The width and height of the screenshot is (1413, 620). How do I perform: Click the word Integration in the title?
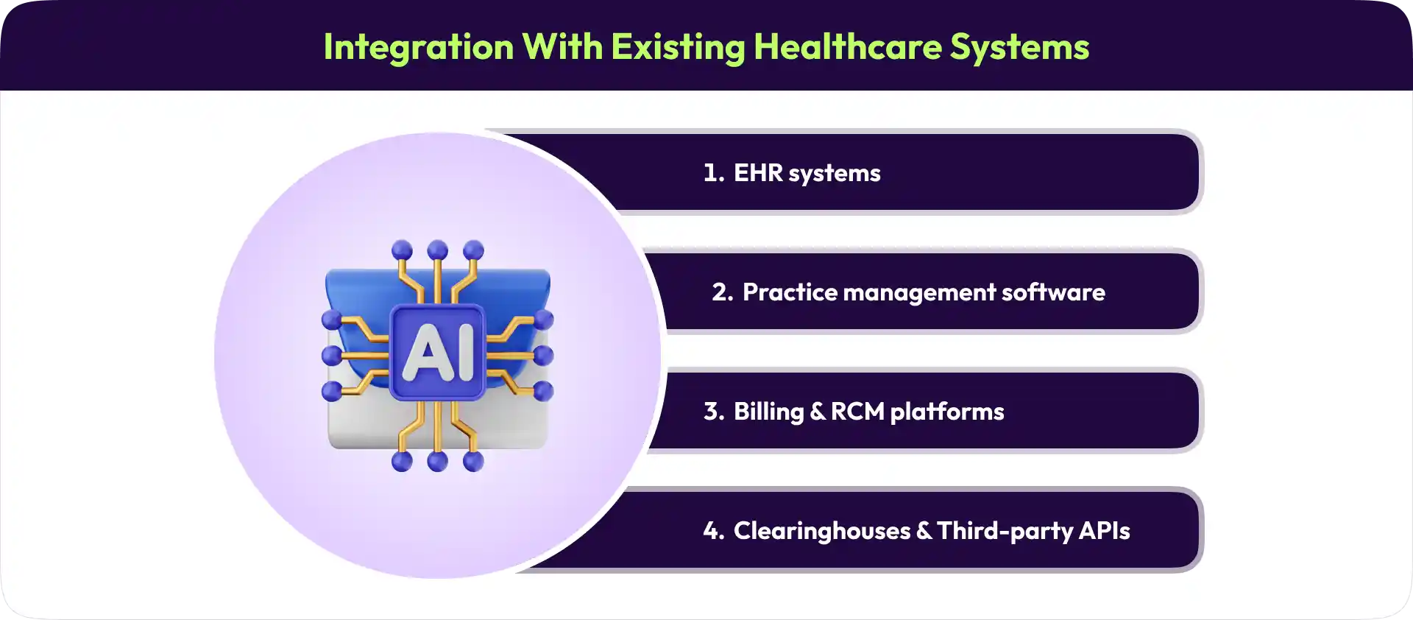tap(419, 47)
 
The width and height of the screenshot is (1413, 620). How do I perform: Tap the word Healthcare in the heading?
tap(847, 47)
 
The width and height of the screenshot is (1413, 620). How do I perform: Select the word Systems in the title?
tap(1019, 47)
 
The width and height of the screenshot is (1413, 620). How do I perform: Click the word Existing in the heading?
tap(677, 47)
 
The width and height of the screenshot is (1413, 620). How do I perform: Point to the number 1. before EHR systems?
tap(713, 173)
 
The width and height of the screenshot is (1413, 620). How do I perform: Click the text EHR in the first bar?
tap(757, 173)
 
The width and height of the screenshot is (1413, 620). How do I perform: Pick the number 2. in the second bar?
tap(722, 292)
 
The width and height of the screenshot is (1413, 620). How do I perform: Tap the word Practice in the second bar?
tap(790, 292)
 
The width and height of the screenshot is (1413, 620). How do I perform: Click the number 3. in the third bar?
tap(713, 412)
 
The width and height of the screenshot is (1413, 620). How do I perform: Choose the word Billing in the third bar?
tap(768, 412)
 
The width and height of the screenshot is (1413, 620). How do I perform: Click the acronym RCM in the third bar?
tap(857, 412)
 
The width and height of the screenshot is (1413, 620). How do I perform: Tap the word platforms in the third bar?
tap(947, 412)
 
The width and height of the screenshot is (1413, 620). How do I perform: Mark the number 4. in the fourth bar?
tap(713, 531)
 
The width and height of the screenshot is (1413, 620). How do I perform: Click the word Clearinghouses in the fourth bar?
tap(822, 531)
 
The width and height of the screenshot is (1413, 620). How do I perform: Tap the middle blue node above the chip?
tap(437, 250)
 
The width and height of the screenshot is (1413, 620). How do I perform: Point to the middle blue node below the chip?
tap(437, 462)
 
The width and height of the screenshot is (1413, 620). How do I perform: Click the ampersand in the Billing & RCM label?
tap(818, 412)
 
